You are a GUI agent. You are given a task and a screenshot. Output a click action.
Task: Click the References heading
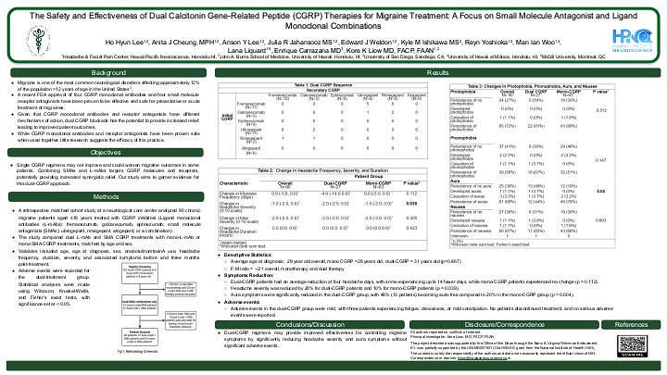(629, 325)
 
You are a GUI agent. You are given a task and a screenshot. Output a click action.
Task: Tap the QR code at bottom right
(629, 350)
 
